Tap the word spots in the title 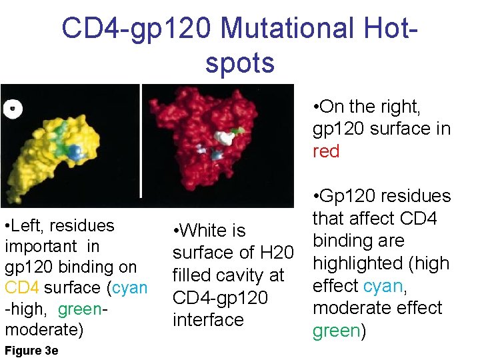(240, 63)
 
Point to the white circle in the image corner (12, 108)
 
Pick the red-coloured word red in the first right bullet (326, 151)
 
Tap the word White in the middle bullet (204, 231)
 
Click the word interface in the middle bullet (208, 321)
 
